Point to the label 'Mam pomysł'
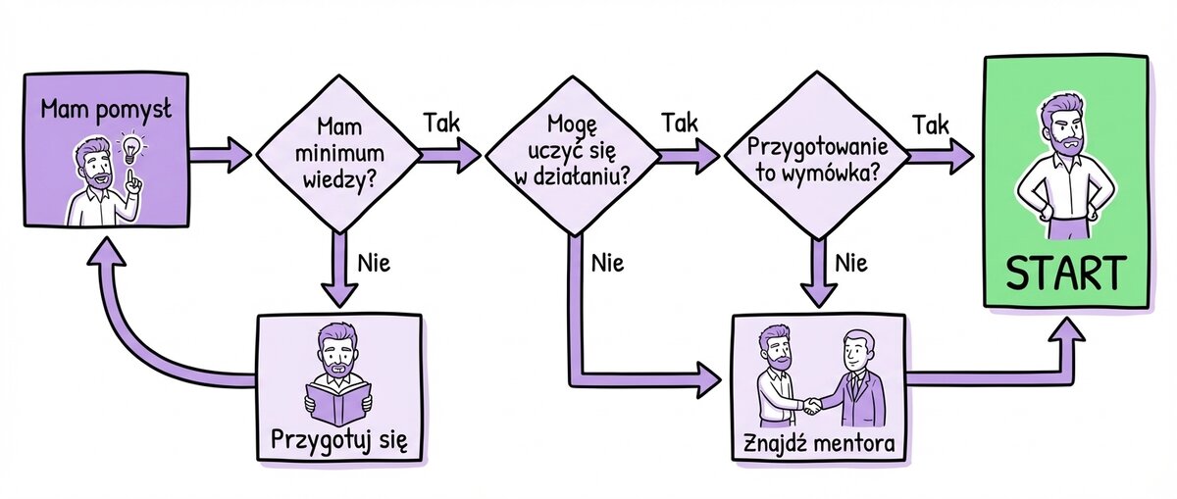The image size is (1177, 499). coord(106,109)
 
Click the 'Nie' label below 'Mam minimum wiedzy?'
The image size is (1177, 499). coord(375,262)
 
